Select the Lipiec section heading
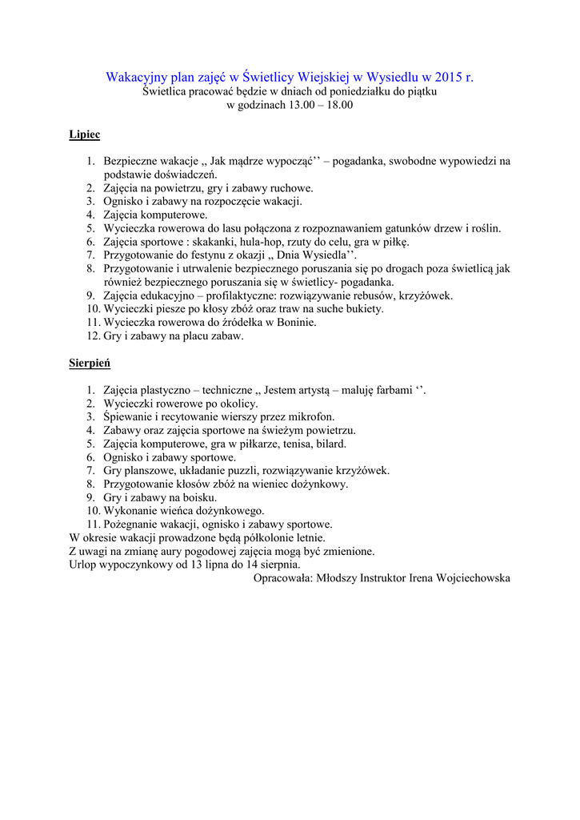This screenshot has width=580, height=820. (84, 135)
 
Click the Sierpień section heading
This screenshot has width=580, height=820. (90, 363)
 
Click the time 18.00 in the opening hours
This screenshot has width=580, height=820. (336, 105)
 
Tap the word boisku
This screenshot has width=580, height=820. (198, 497)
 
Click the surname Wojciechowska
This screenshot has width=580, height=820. (470, 577)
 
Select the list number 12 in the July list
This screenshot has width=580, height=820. (93, 336)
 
